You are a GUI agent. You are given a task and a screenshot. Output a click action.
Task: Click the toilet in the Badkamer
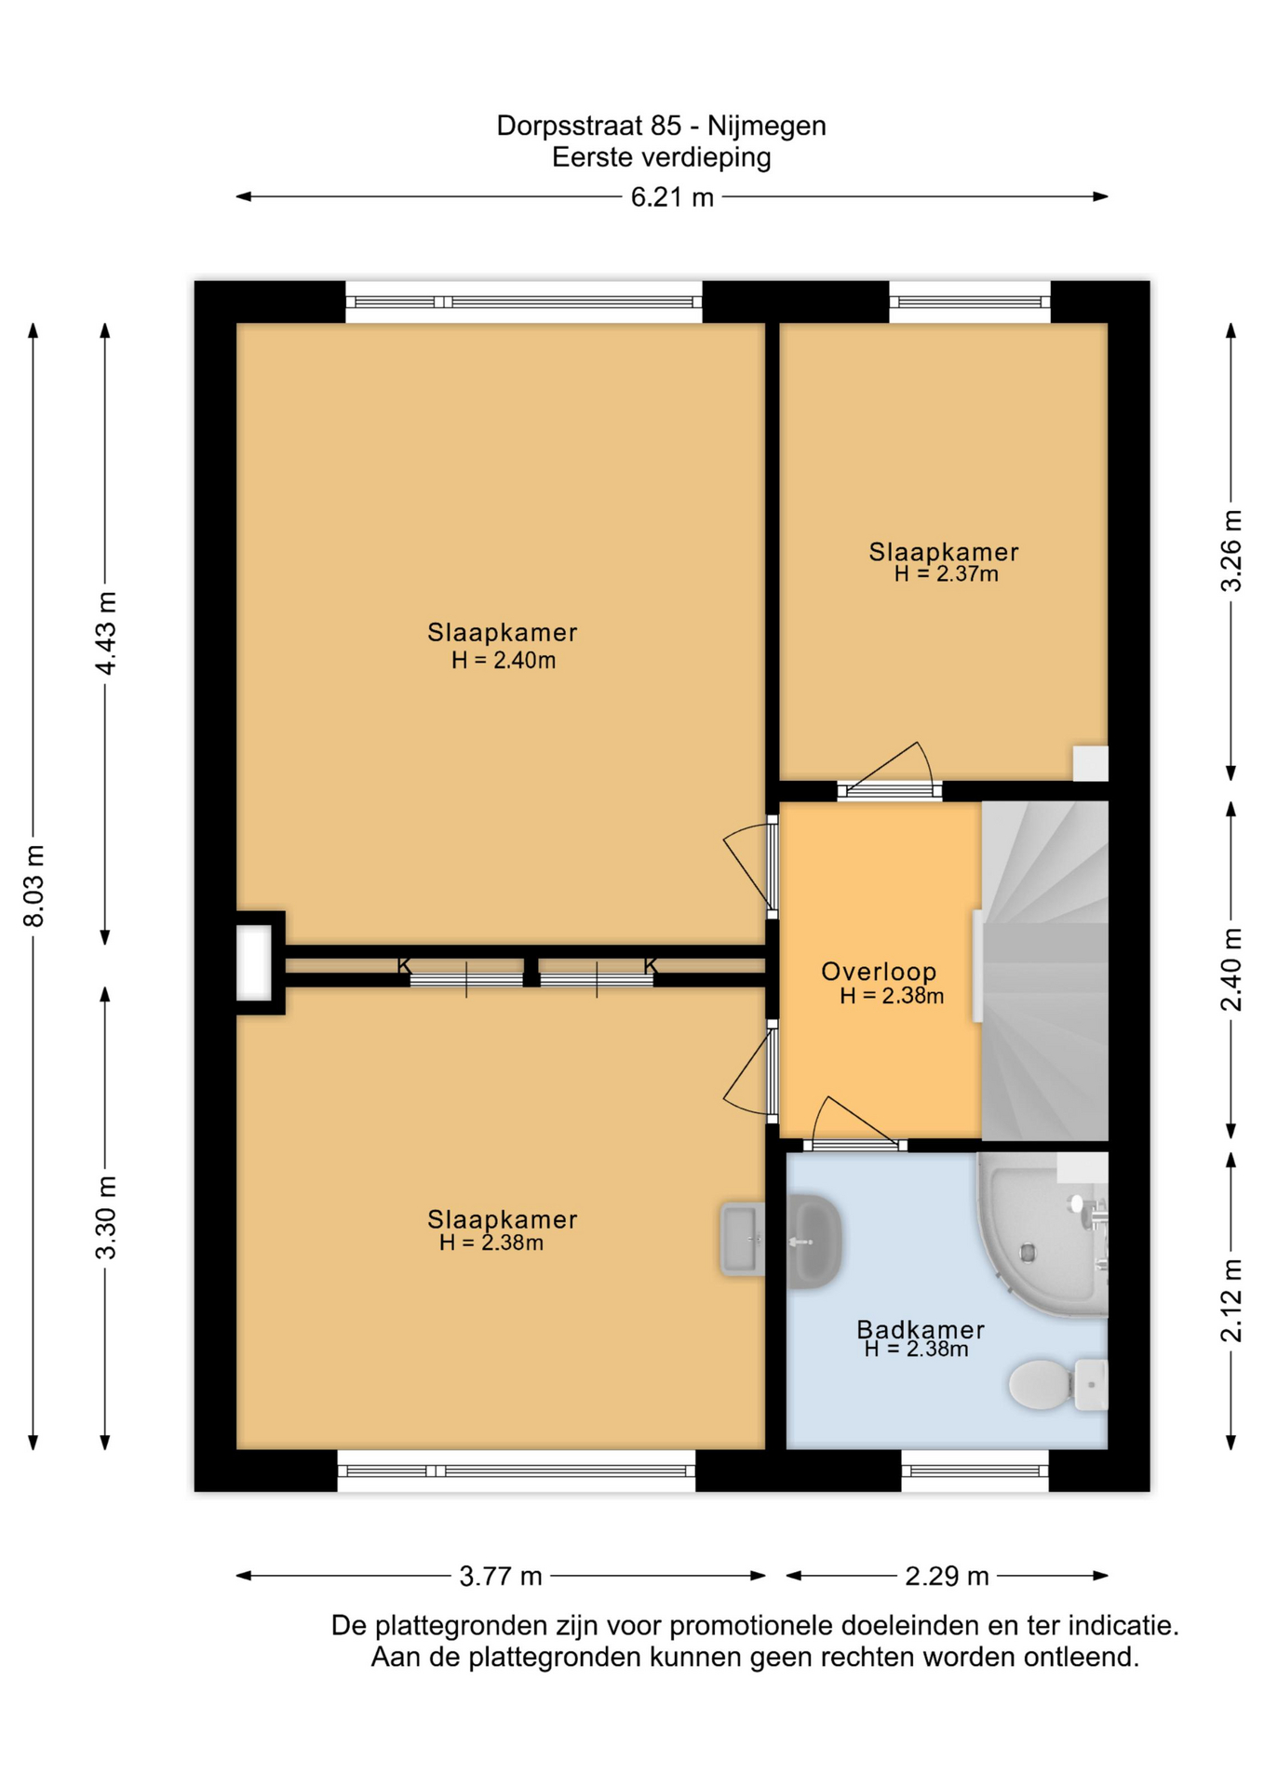pos(1058,1384)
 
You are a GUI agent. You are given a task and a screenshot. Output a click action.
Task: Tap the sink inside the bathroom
pos(814,1242)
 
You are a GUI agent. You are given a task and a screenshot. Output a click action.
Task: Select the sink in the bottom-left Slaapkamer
pos(743,1239)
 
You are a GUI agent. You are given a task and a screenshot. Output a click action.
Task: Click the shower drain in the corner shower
pos(1028,1253)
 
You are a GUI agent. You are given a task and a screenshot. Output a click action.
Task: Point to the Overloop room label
pos(879,972)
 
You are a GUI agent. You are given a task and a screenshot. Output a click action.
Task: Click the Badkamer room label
pos(921,1329)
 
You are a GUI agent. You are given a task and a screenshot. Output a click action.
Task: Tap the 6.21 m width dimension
pos(672,197)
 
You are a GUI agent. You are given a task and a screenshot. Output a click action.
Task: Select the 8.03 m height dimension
pos(34,886)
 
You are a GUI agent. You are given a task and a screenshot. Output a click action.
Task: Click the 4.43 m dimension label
pos(106,633)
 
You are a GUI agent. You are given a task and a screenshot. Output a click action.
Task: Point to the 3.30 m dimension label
pos(106,1217)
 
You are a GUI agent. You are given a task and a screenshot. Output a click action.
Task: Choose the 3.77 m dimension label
pos(501,1576)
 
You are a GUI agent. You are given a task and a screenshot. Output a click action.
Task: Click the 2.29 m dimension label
pos(947,1576)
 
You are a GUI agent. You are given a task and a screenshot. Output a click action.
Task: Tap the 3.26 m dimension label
pos(1231,551)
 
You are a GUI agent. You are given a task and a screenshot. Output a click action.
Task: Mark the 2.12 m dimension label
pos(1231,1300)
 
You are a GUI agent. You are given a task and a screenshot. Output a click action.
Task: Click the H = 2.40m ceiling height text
pos(504,661)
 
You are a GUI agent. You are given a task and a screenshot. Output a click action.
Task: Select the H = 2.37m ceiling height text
pos(946,574)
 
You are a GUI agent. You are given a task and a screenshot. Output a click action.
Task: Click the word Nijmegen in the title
pos(766,126)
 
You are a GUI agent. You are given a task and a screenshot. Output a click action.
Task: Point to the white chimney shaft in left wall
pos(253,962)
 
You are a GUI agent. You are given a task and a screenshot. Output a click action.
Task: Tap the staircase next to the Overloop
pos(1044,971)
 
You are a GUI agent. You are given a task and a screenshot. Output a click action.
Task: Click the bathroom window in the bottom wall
pos(975,1471)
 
